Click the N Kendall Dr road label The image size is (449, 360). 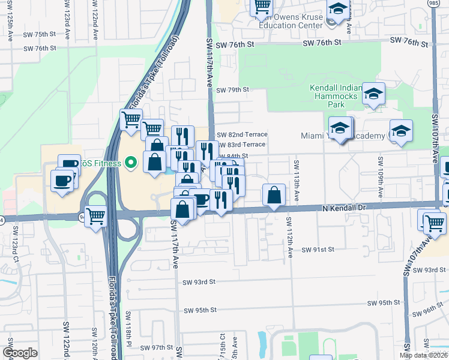[344, 207]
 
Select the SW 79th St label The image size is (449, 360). [233, 89]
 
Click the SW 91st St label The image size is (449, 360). [318, 250]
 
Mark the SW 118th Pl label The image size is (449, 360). [128, 327]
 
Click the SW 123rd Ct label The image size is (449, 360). [16, 238]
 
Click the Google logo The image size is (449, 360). [20, 353]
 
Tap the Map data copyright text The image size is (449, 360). [423, 355]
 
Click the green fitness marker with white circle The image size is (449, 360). [131, 163]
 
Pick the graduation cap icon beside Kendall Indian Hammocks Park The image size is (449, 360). [373, 94]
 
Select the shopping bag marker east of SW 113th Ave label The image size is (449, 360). [274, 195]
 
